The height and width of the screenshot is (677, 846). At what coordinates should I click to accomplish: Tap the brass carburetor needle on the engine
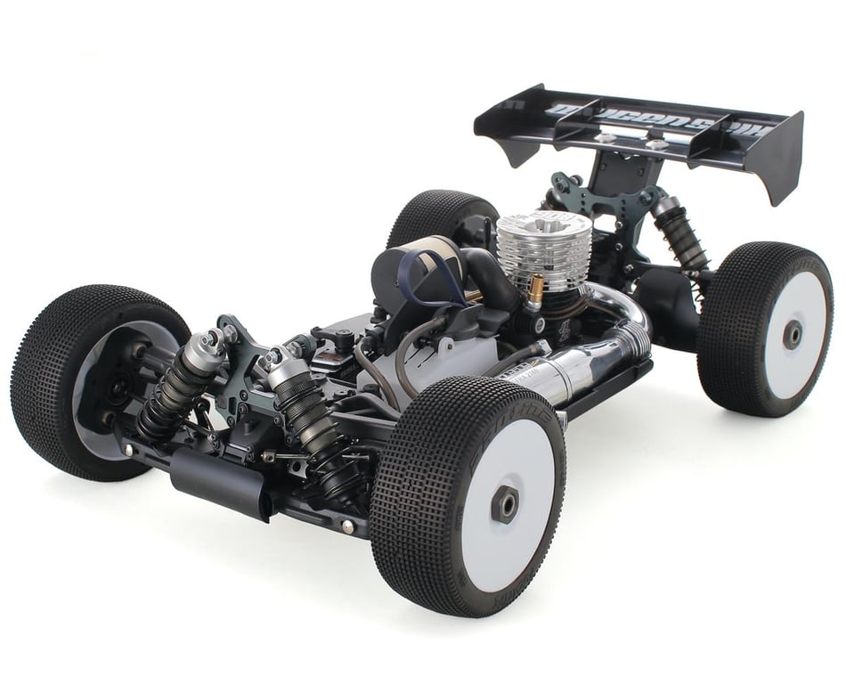pos(536,290)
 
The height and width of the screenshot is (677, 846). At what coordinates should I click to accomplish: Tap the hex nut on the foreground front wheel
pos(505,504)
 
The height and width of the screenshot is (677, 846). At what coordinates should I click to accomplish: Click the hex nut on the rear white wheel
pos(791,335)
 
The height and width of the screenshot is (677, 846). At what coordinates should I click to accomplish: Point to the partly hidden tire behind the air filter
pos(436,218)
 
